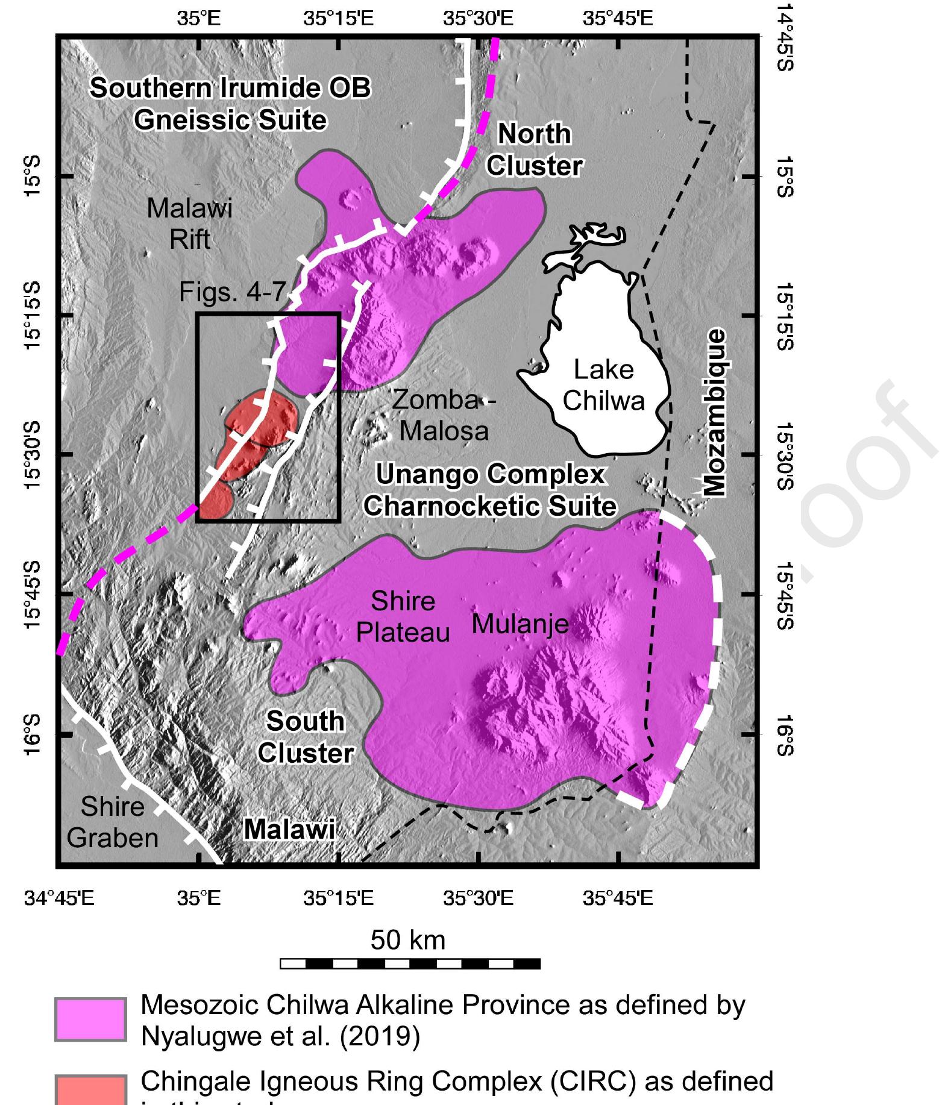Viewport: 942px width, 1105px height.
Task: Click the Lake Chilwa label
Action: (603, 385)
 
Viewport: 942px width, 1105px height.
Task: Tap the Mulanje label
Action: (520, 624)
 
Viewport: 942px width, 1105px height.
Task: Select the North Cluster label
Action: (534, 150)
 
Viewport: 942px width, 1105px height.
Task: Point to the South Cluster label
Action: (306, 737)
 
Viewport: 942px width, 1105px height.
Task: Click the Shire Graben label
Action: (112, 822)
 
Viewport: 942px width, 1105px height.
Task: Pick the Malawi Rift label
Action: (189, 224)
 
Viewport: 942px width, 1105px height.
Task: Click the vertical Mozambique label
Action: (715, 412)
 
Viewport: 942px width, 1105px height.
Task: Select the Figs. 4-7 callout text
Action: (232, 292)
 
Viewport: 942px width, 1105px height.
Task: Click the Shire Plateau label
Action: (403, 616)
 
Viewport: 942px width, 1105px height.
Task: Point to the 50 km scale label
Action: (408, 939)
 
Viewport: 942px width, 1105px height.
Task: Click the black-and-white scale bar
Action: (410, 964)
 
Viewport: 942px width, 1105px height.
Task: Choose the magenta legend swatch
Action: (90, 1019)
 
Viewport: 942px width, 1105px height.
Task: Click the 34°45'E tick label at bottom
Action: (59, 898)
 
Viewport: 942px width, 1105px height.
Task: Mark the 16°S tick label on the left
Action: (31, 734)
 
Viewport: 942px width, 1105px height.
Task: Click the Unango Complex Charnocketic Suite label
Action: (490, 490)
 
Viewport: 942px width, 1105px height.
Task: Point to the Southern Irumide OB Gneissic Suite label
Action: (230, 104)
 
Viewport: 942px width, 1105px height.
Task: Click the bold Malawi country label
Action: (289, 830)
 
